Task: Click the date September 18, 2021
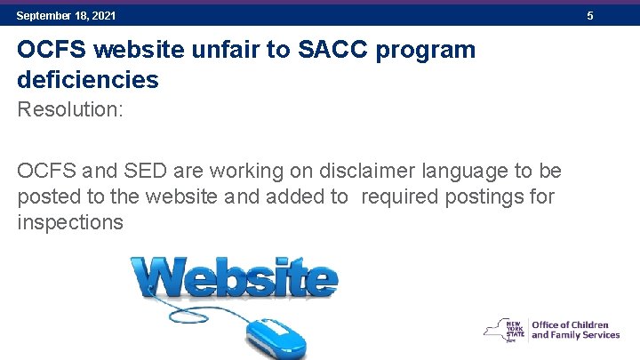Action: point(66,16)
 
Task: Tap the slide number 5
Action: point(590,16)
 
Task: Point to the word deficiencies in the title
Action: point(87,80)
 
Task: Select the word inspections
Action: point(70,222)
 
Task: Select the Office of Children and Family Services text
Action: point(575,331)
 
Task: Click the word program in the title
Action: point(426,51)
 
